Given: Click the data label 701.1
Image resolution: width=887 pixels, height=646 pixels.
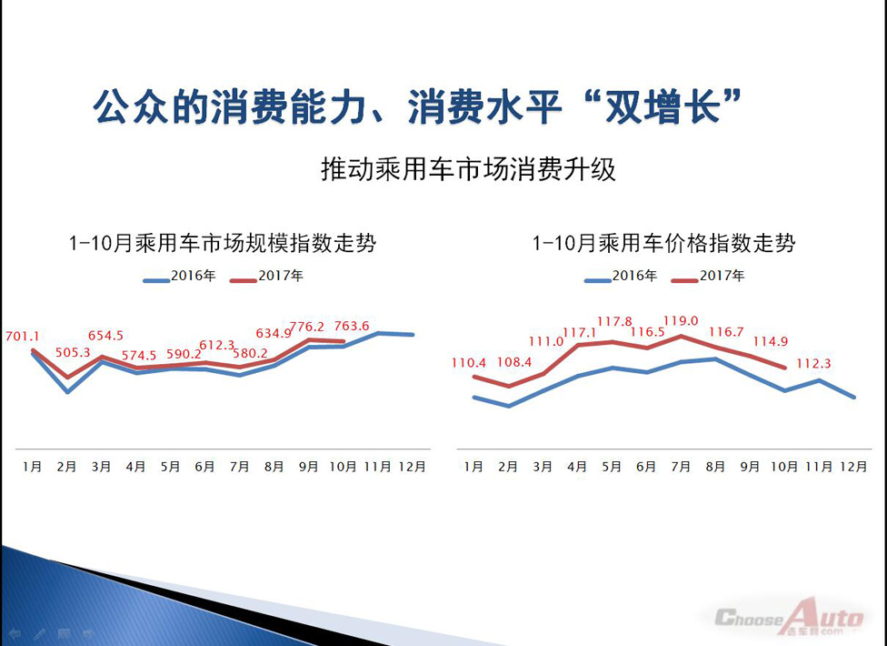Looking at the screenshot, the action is [x=22, y=337].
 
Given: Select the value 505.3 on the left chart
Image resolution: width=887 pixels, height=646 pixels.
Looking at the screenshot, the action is [x=73, y=353].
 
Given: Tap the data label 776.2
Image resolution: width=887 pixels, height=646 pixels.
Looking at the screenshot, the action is [x=307, y=327].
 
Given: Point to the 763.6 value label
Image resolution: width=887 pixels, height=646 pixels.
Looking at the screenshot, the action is [x=352, y=326].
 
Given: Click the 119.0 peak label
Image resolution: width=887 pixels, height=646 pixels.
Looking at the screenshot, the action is [x=681, y=321].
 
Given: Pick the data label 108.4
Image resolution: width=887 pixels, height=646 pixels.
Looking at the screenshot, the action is [x=514, y=362].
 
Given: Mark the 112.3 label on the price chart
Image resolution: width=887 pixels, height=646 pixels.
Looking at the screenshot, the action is [x=813, y=363].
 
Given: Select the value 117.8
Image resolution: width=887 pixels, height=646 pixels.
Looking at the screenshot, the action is [x=614, y=321].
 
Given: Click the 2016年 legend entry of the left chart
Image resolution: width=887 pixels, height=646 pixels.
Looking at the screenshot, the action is [x=179, y=277].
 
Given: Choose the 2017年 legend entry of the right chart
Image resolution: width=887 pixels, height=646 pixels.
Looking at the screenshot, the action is [x=708, y=277].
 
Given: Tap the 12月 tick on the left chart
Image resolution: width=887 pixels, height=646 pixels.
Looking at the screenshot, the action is [x=412, y=467].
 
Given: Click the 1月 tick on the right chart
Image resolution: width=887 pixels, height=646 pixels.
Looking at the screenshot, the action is [x=473, y=467].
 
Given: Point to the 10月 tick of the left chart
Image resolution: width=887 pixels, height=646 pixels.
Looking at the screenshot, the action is [x=343, y=467].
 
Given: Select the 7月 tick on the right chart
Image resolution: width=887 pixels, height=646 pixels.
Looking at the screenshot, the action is [x=681, y=467].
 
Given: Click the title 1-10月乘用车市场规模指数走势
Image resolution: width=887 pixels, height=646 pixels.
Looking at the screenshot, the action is [x=223, y=244].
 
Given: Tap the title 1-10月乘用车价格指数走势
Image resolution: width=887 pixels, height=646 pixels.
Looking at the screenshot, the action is [x=663, y=244].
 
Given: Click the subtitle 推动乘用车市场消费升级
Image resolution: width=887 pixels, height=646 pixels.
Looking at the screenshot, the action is [x=468, y=169].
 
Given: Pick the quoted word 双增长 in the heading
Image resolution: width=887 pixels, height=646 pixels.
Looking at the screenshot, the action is [x=663, y=106].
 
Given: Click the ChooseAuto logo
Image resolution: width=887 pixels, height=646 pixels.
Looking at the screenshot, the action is [x=789, y=617].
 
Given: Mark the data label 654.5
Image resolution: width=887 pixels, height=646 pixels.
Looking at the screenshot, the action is [x=105, y=336].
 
